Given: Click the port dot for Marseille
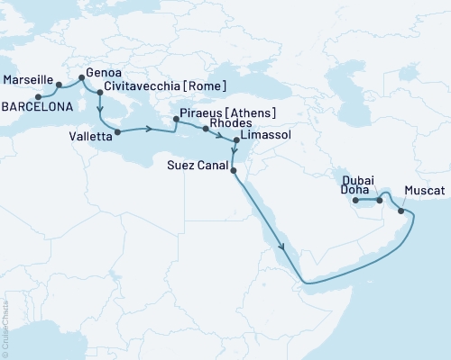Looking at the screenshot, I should coord(60,85).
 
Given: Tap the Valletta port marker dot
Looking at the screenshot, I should coord(117,131).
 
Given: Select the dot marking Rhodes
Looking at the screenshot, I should coord(207,130).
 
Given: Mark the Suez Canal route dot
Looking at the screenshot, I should coord(233,170).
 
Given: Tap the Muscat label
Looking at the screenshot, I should coord(424,192).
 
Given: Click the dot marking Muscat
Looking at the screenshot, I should coord(400,211).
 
